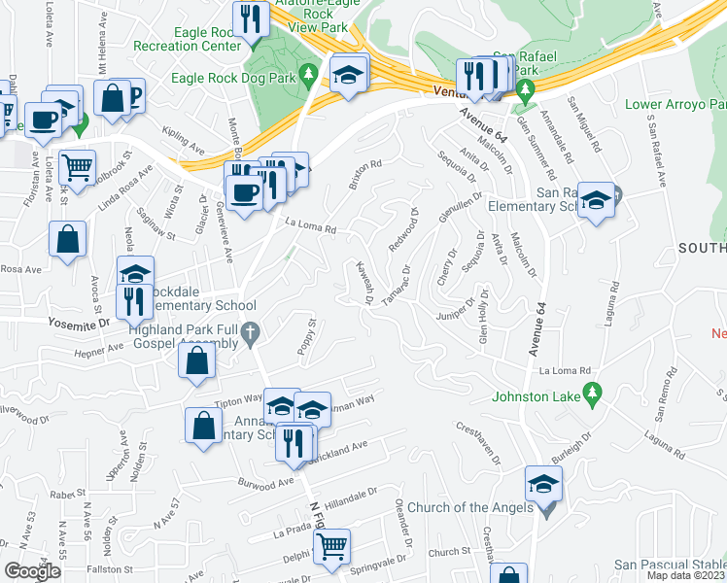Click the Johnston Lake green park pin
coord(590,394)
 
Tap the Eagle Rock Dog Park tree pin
coord(309,74)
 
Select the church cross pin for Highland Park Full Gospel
coord(250,333)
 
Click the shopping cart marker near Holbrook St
coord(77,165)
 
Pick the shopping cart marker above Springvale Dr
coord(332,546)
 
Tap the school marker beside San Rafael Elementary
coord(596,200)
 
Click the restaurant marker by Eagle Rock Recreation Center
coord(251,19)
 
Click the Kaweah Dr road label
coord(365,283)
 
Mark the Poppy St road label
coord(307,337)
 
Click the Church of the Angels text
coord(469,508)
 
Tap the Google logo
coord(32,571)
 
